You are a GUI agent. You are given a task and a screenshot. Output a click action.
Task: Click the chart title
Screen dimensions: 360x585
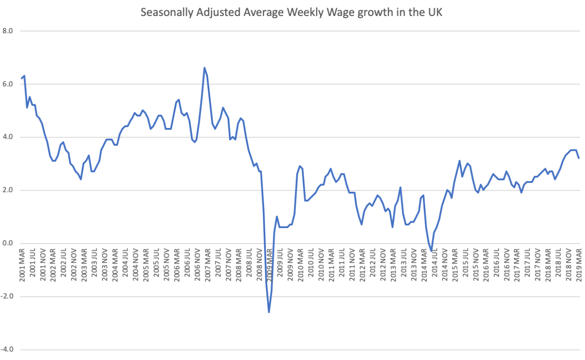tap(292, 13)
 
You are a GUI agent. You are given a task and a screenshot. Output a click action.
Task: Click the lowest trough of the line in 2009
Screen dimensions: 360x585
tap(269, 312)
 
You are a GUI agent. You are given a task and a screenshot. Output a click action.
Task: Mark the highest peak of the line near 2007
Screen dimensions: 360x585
tap(204, 68)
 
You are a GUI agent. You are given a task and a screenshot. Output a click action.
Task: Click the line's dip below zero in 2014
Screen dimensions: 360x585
tap(431, 250)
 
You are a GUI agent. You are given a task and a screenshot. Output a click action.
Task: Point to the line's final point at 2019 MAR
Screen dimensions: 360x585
tap(579, 158)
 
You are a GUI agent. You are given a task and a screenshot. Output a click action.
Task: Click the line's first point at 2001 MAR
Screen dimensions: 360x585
tap(22, 78)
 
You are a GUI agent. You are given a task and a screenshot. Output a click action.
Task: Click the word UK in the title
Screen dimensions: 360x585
tap(435, 13)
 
